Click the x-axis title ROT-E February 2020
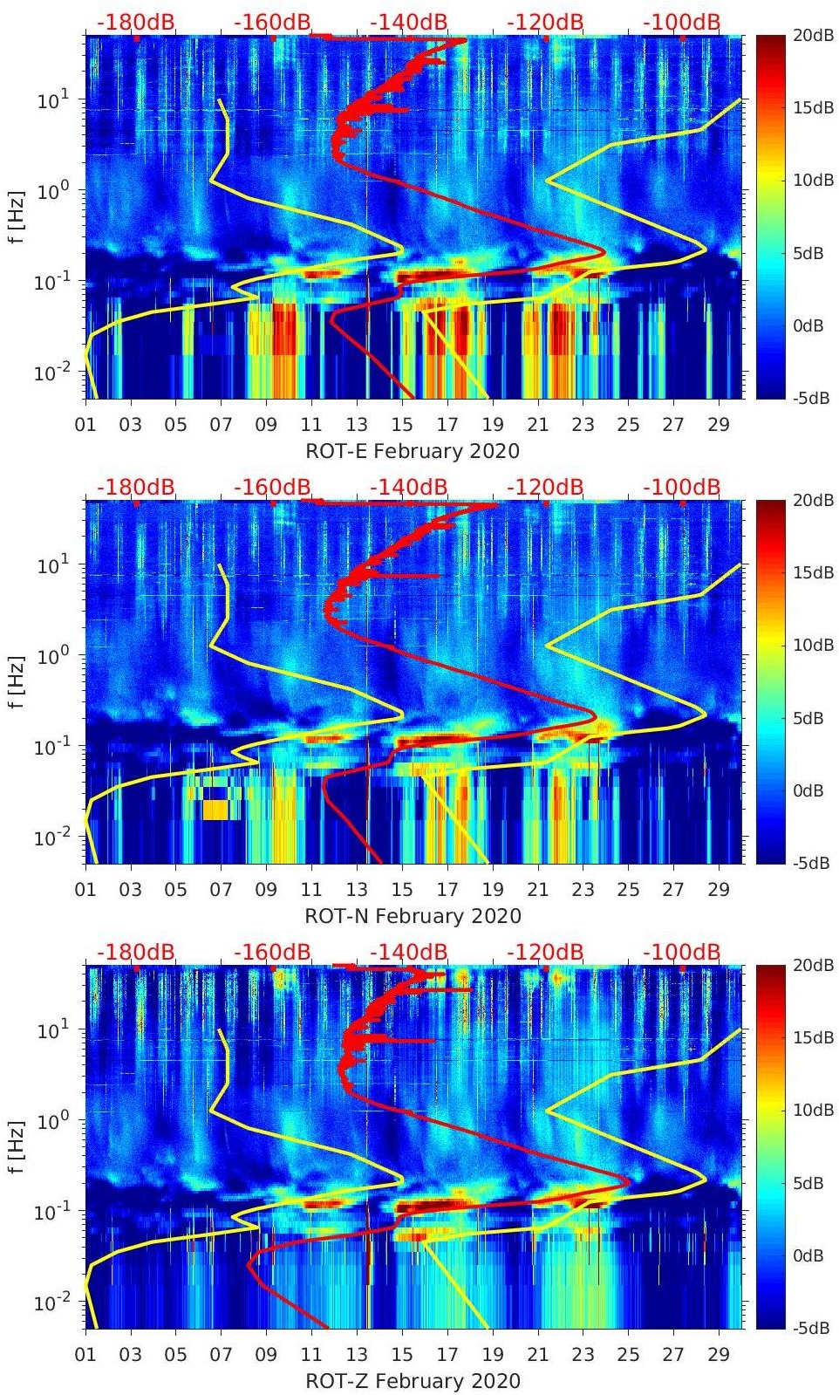tap(412, 451)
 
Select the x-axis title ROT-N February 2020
tap(413, 916)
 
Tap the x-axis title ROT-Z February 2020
tap(413, 1381)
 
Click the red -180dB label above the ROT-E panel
tap(135, 22)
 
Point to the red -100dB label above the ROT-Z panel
tap(682, 952)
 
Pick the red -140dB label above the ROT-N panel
tap(408, 487)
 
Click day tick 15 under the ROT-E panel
tap(402, 425)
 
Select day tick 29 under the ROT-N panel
tap(719, 890)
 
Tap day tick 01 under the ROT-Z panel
tap(85, 1355)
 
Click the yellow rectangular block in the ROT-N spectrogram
tap(215, 810)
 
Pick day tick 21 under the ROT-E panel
tap(537, 425)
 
